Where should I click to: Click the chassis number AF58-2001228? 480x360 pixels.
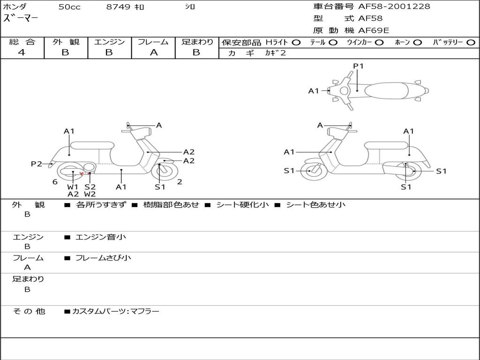coord(394,6)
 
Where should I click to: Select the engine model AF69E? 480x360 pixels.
coord(374,30)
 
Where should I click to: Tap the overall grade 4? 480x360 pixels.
coord(22,52)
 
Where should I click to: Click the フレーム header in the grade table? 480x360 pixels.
coord(153,42)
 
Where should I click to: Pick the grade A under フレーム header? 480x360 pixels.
coord(154,52)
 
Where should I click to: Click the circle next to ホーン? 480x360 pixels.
coord(417,43)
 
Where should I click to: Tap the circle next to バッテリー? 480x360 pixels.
coord(471,43)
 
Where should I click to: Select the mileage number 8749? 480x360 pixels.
coord(118,7)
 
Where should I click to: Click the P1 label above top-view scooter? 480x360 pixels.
coord(358,66)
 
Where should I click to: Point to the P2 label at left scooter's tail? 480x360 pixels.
coord(37,164)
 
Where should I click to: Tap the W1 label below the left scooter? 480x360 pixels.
coord(73,187)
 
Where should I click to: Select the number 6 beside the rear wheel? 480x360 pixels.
coord(55,182)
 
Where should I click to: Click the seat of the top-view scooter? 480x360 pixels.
coord(386,90)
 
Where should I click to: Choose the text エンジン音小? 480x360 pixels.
coord(101,237)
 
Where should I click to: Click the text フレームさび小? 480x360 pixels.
coord(103,258)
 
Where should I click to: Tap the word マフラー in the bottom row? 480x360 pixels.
coord(145,311)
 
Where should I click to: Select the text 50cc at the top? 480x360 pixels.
coord(69,7)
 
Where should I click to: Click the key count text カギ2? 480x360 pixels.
coord(276,52)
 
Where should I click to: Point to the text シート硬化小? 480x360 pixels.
coord(242,204)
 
